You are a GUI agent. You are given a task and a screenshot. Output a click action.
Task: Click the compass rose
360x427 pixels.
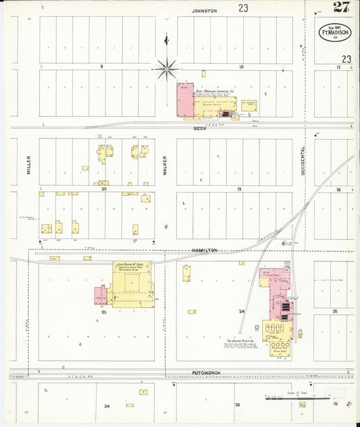(166, 68)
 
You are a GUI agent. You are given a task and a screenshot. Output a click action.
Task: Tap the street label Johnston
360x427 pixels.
(204, 11)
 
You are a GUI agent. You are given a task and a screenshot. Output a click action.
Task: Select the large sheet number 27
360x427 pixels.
(341, 7)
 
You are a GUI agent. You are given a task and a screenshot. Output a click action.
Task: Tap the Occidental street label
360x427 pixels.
(303, 161)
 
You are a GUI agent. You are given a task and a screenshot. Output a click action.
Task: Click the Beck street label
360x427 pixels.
(200, 128)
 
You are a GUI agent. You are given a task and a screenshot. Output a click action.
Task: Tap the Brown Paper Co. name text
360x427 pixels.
(240, 342)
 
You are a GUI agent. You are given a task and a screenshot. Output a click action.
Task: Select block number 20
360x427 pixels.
(105, 189)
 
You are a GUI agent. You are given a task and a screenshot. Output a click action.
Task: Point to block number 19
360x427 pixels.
(238, 189)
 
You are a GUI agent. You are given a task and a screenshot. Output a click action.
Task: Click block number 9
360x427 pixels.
(101, 67)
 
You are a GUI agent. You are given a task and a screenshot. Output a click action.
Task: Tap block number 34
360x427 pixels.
(107, 406)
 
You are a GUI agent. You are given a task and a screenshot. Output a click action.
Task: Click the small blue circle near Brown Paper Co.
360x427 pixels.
(257, 328)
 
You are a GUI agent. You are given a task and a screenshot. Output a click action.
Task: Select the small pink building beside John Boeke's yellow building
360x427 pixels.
(101, 295)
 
